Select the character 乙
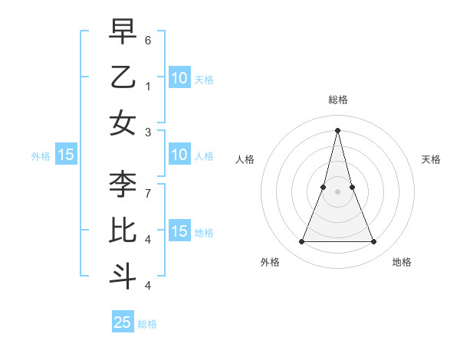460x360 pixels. tap(123, 77)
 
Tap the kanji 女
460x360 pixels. tap(123, 123)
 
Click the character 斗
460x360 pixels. tap(123, 276)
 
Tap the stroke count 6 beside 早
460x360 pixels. tap(148, 39)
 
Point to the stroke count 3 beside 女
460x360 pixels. tap(148, 132)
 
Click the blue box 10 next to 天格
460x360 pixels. tap(179, 77)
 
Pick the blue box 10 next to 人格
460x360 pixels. tap(179, 155)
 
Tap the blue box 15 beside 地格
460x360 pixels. tap(179, 231)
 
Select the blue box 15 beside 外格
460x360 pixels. tap(66, 155)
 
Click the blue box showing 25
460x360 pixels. tap(123, 322)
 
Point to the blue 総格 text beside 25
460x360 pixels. tap(147, 324)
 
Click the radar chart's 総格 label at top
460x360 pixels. tap(337, 100)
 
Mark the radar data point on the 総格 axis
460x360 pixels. tap(337, 129)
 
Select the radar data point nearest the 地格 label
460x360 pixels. tap(373, 242)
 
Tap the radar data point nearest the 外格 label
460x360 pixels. tap(301, 242)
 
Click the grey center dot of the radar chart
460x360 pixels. tap(337, 191)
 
